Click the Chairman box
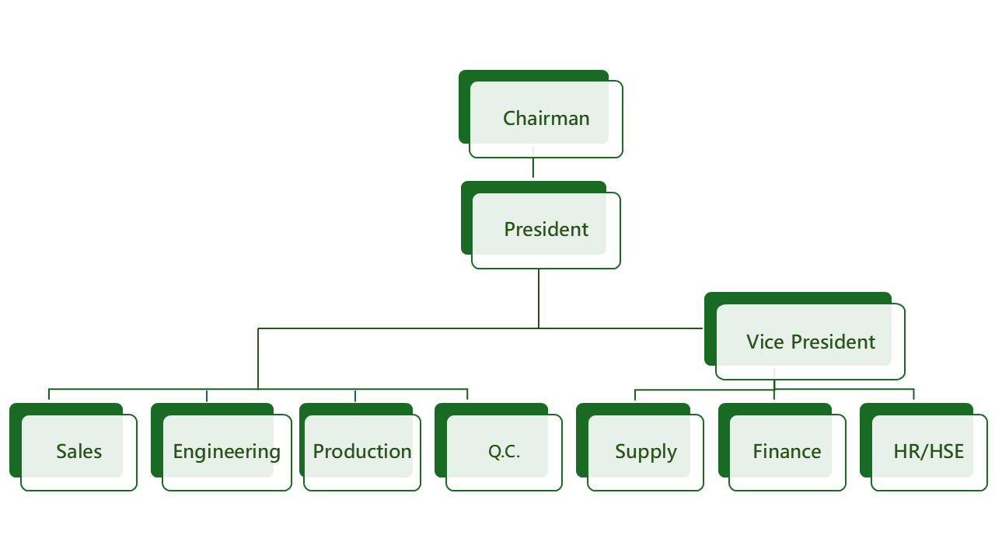[546, 118]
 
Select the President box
[546, 230]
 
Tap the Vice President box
[810, 342]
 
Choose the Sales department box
[79, 451]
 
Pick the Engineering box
[226, 451]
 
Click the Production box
[362, 451]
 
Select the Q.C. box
[504, 451]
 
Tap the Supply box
[645, 451]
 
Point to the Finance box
[787, 451]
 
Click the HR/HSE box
[928, 451]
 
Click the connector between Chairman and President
[533, 168]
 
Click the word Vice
[764, 342]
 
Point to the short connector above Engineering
[207, 396]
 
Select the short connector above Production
[355, 396]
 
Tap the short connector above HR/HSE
[913, 394]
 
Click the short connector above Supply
[635, 394]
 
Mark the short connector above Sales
[49, 394]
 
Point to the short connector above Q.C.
[467, 394]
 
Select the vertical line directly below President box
[539, 299]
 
